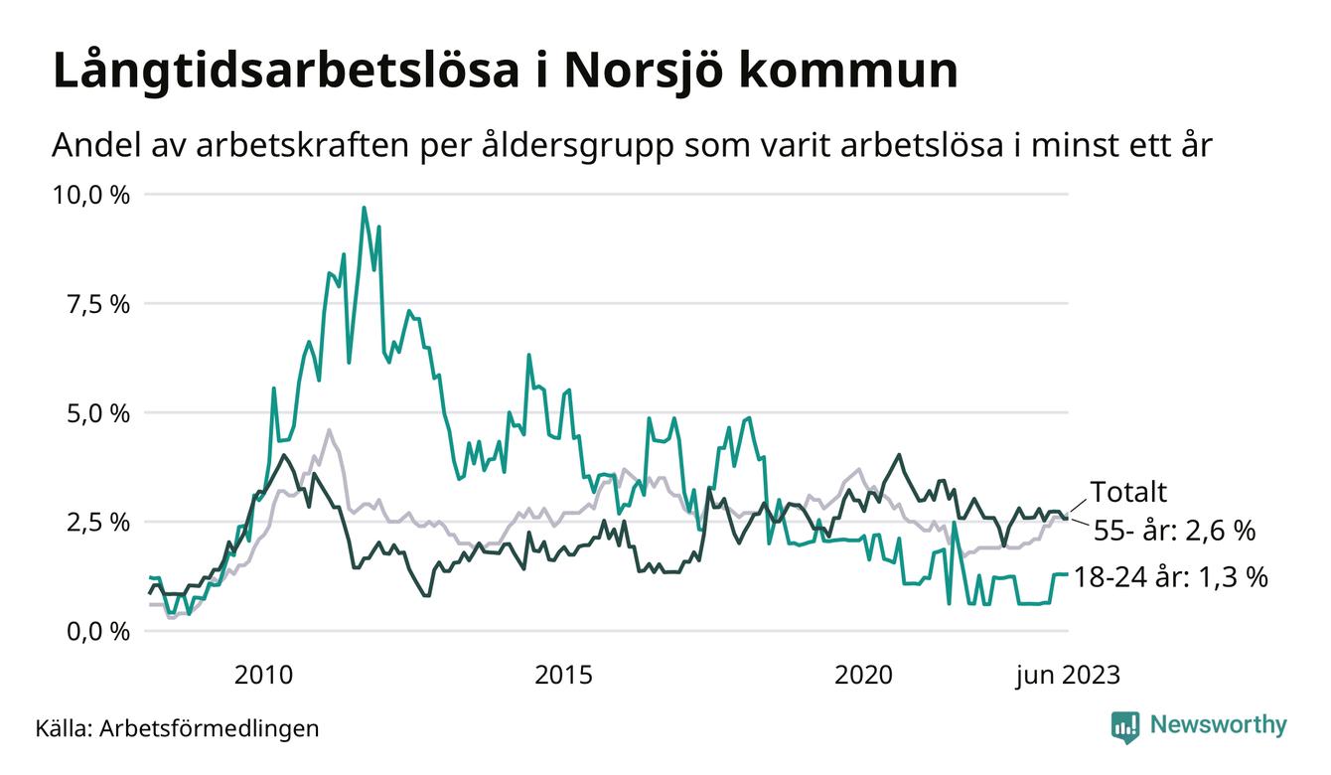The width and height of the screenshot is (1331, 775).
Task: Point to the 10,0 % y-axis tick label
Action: [x=91, y=195]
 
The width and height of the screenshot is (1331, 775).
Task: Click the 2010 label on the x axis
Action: [x=263, y=676]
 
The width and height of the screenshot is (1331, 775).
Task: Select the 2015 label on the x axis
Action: [x=564, y=676]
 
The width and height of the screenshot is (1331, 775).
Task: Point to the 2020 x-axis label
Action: [x=865, y=676]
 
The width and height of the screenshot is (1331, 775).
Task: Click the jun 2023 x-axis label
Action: [x=1067, y=676]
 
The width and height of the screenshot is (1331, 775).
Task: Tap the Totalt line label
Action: [x=1128, y=492]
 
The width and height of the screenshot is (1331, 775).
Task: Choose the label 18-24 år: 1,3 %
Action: [x=1171, y=577]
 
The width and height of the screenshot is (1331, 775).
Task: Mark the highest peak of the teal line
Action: [x=364, y=208]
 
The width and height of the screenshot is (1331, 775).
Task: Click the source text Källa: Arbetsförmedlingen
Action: [x=177, y=728]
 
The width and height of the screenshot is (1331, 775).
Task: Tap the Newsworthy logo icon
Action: [x=1125, y=725]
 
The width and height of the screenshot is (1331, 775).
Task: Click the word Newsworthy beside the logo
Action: [x=1218, y=724]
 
